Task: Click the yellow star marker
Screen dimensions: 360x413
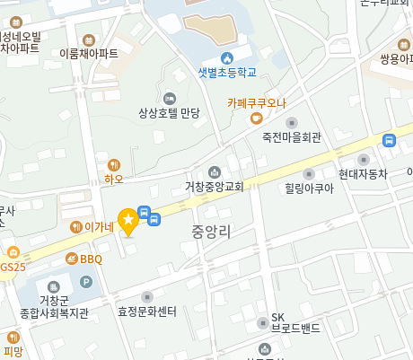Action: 128,219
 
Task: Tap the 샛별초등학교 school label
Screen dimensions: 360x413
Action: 227,72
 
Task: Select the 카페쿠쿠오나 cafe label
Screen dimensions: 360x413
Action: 256,102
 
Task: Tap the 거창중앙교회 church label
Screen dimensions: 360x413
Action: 215,187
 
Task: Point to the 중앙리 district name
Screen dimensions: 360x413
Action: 211,232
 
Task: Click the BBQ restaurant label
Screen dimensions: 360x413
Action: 91,259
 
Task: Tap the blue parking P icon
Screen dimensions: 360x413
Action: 86,282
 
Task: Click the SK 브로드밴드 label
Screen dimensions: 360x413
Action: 295,322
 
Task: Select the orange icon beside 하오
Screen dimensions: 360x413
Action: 113,164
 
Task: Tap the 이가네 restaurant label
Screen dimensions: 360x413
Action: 99,227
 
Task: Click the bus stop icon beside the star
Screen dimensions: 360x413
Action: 154,218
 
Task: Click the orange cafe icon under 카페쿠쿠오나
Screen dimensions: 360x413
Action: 256,118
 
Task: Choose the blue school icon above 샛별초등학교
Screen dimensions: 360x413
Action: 227,57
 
